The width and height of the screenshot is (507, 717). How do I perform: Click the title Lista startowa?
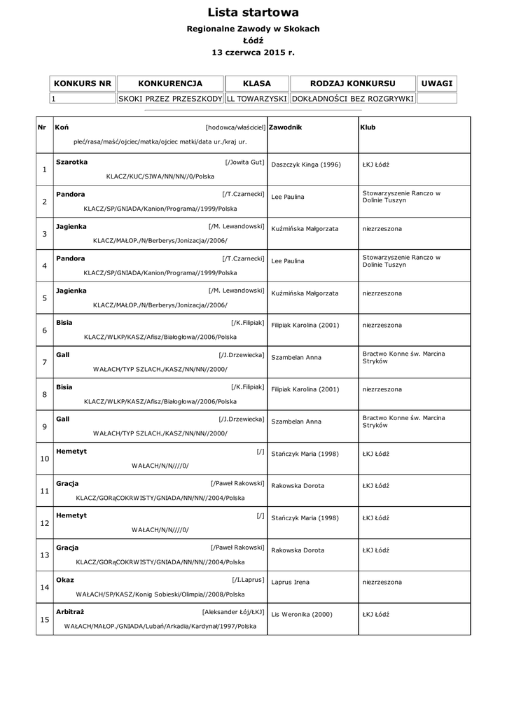point(253,13)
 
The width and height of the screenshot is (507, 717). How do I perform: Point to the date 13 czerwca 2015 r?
point(253,52)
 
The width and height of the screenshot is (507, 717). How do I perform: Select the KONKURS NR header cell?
point(83,83)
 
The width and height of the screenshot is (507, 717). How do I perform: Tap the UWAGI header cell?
point(437,83)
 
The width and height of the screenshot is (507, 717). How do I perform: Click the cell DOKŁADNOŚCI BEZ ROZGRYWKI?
point(352,99)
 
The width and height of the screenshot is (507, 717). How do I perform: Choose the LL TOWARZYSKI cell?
point(256,99)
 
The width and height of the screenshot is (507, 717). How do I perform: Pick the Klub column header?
point(368,127)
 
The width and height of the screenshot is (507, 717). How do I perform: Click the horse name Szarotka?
point(71,162)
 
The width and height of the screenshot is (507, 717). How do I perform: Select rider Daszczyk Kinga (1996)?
point(306,165)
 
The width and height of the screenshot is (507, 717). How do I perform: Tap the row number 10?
point(44,459)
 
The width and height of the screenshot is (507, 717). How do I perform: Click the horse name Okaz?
point(65,580)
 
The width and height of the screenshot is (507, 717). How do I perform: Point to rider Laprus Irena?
point(290,582)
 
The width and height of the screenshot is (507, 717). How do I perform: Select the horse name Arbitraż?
point(70,611)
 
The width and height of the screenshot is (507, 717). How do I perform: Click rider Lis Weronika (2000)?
point(302,614)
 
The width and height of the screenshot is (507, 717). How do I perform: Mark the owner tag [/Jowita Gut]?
point(244,162)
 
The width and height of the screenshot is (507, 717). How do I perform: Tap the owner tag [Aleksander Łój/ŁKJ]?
point(232,611)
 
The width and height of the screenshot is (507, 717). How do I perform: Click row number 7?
point(44,362)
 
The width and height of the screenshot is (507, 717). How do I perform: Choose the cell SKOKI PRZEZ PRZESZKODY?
point(170,99)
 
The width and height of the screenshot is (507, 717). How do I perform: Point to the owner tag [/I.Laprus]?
point(248,580)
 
